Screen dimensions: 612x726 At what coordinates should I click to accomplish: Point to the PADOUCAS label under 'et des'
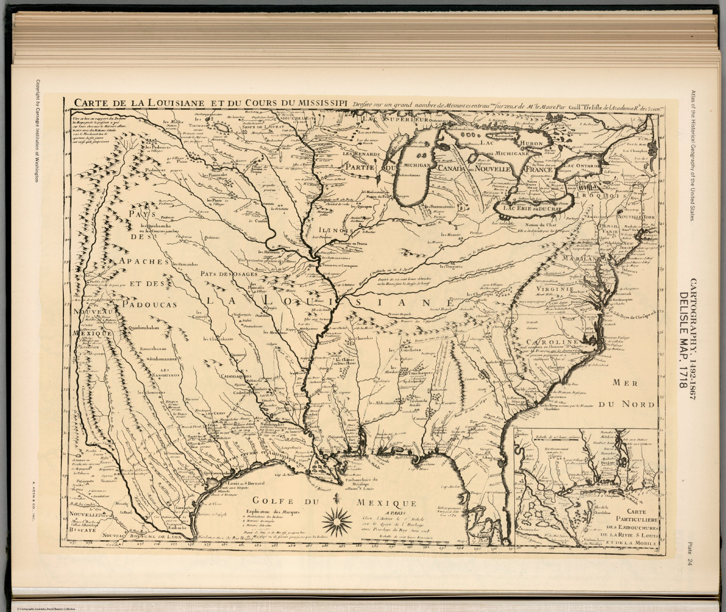click(148, 305)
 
